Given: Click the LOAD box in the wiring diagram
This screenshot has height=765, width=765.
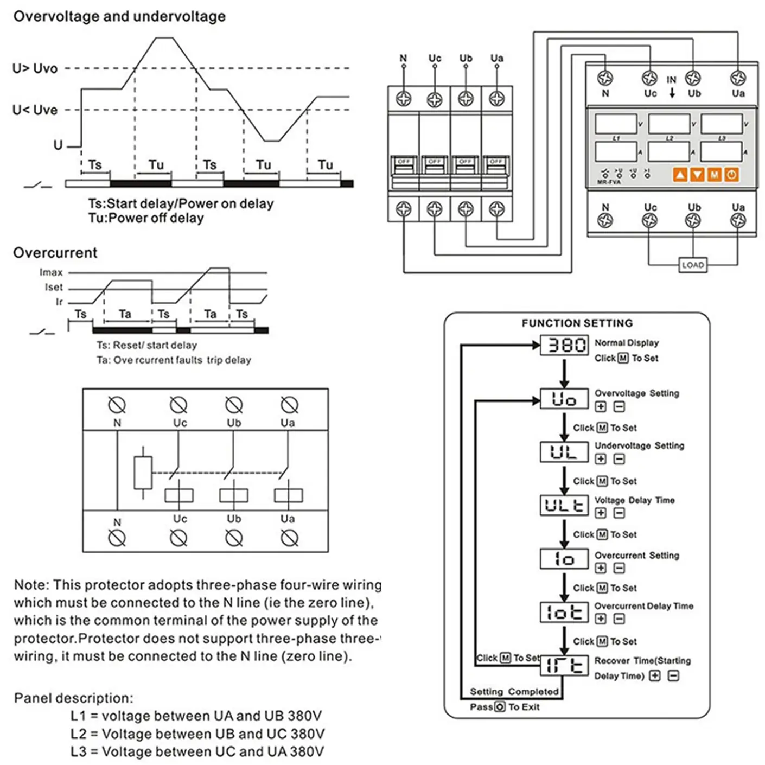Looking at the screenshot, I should click(x=693, y=265).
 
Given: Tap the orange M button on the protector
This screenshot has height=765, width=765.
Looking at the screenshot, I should click(x=715, y=175).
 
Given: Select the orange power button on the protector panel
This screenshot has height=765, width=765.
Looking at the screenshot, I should click(x=731, y=175).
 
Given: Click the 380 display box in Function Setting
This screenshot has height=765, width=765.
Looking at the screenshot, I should click(x=564, y=345).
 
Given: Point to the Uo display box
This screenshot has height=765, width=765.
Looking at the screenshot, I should click(x=564, y=399).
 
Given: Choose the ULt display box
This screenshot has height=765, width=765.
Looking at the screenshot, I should click(x=564, y=505).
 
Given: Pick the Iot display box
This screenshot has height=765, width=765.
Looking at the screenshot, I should click(x=564, y=612).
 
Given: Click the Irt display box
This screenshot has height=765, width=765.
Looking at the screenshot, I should click(x=564, y=666).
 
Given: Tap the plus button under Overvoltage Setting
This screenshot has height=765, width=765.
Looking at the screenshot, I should click(x=601, y=406).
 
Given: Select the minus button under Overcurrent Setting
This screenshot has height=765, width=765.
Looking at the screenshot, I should click(x=619, y=568).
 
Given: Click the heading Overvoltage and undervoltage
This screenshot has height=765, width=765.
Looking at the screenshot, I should click(x=119, y=16).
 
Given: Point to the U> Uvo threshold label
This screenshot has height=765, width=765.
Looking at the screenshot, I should click(x=35, y=68).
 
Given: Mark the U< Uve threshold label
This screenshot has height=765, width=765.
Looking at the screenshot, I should click(x=35, y=110).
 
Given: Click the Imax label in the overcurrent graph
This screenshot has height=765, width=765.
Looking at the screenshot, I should click(x=51, y=272).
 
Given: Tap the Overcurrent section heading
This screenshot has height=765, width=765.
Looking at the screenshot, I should click(x=55, y=253).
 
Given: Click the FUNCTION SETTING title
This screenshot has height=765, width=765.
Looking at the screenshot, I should click(x=577, y=323).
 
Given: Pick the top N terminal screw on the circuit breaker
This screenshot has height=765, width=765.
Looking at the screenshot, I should click(x=404, y=99).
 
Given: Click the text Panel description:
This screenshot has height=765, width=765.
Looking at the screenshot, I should click(x=73, y=698).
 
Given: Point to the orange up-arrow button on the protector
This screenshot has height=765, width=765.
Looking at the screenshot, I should click(x=680, y=175).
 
